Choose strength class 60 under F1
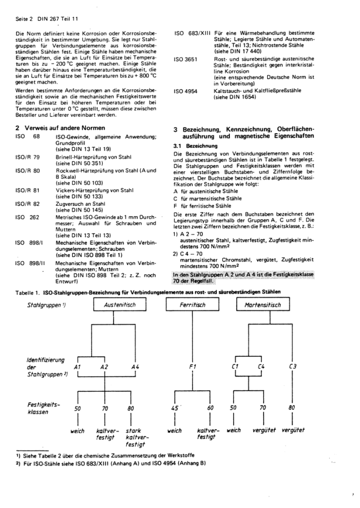(210, 408)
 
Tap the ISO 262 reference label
(27, 217)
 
